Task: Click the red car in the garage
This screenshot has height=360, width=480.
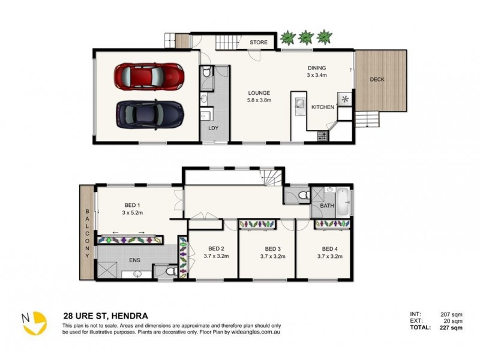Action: click(149, 77)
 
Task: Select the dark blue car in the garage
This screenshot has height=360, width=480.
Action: click(150, 115)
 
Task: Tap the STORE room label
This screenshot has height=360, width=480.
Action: click(259, 42)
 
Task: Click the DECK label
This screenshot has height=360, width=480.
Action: click(377, 80)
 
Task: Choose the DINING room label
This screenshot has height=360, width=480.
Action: click(317, 68)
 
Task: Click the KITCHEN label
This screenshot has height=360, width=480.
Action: click(323, 107)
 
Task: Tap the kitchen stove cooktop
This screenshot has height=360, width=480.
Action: click(322, 136)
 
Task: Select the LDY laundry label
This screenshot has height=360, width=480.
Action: click(214, 128)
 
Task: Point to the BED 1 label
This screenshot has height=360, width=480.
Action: click(132, 205)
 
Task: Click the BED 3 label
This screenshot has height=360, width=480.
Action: click(273, 249)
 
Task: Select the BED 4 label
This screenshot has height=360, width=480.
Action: click(329, 249)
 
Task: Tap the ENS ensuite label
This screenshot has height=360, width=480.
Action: click(134, 260)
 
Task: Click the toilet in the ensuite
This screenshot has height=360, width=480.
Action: click(171, 271)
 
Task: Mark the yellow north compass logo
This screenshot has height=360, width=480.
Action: click(34, 323)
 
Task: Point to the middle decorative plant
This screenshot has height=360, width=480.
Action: click(305, 37)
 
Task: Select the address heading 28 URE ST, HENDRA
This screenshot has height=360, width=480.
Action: click(106, 316)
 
